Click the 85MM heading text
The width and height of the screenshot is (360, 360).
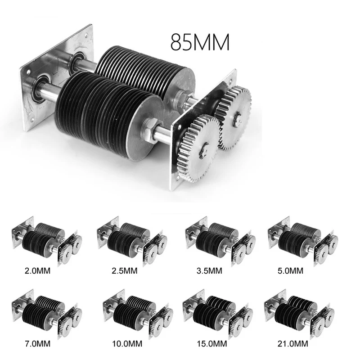[200, 42]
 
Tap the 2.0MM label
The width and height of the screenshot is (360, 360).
[37, 271]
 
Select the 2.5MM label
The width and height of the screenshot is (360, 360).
[125, 271]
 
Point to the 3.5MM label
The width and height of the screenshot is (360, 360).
[209, 271]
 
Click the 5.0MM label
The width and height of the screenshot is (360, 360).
[290, 271]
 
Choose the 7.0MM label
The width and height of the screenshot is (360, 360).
[37, 344]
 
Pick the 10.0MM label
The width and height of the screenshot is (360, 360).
[127, 344]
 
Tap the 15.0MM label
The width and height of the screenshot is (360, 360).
[211, 344]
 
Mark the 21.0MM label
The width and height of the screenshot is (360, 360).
[293, 344]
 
